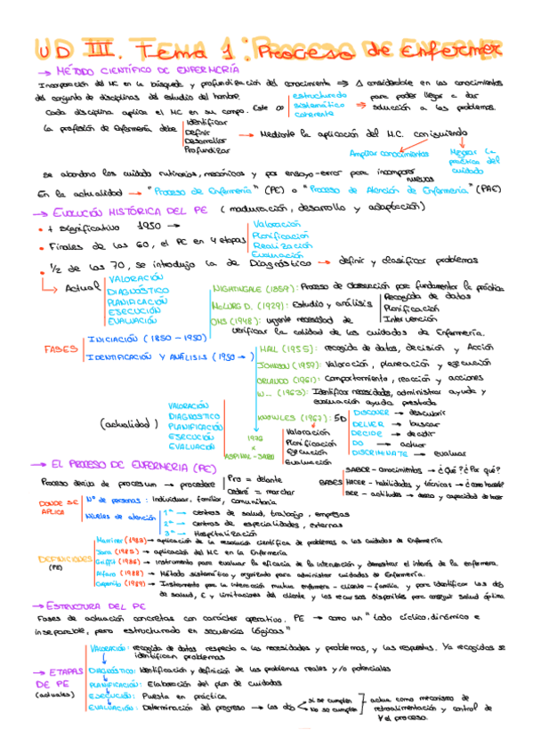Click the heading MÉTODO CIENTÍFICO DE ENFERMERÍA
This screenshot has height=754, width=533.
(147, 68)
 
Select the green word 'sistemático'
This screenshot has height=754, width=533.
(313, 104)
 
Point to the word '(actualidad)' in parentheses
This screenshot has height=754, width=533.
(134, 425)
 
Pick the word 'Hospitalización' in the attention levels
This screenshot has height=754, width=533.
(216, 531)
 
